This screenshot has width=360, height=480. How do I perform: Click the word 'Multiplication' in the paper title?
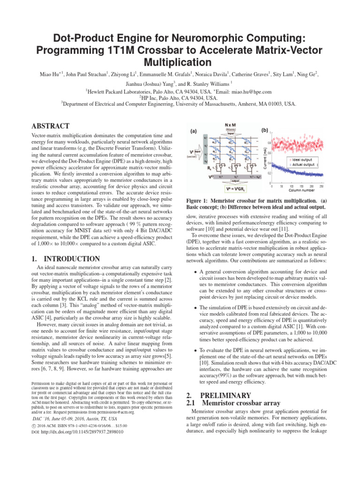[180, 61]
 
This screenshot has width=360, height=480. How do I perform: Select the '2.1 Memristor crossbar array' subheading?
[233, 403]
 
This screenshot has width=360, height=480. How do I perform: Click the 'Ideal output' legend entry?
[305, 160]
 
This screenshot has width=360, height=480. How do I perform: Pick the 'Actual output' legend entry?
[305, 165]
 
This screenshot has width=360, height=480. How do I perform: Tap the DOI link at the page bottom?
[73, 432]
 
